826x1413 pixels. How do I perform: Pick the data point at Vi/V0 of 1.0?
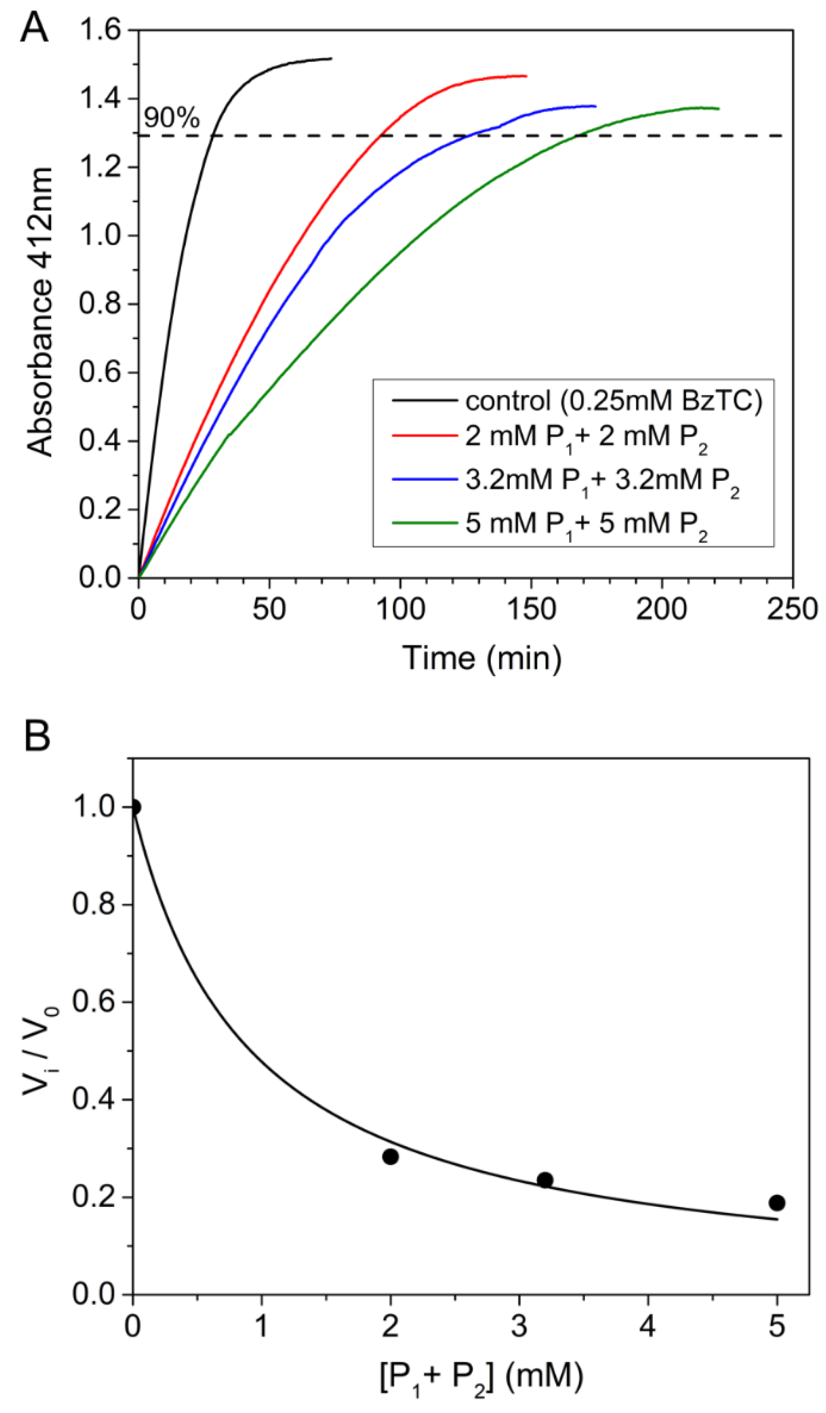pyautogui.click(x=135, y=807)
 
